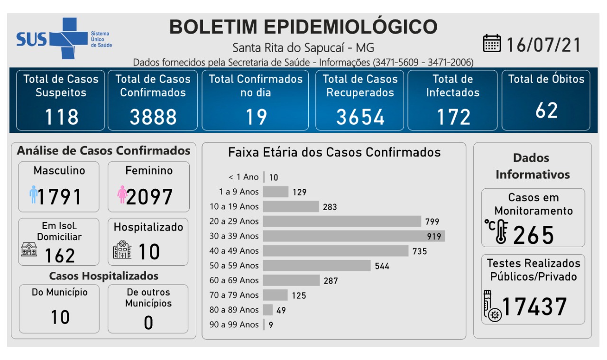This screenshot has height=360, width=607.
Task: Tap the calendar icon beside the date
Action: [x=492, y=43]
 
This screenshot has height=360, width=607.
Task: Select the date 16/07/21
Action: [x=543, y=45]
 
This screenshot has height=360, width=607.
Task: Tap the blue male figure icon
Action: [x=33, y=195]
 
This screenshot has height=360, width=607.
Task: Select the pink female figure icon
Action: [x=122, y=195]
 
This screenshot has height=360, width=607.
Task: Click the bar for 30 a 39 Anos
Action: [x=353, y=236]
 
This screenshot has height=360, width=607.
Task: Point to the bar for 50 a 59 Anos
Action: [x=316, y=266]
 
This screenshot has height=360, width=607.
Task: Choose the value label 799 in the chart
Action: [x=432, y=222]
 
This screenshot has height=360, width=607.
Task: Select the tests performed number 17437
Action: [x=534, y=307]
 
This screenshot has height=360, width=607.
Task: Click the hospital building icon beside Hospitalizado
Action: [x=122, y=250]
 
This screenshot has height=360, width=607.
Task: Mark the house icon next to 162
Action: [x=29, y=249]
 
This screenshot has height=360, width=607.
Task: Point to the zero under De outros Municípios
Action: [x=148, y=323]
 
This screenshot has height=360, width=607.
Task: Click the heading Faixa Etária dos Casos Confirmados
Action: [x=334, y=152]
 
